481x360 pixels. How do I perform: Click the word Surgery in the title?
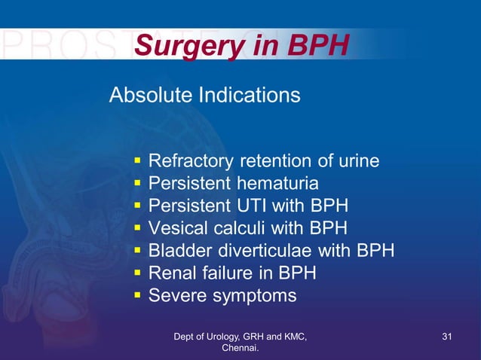click(x=183, y=47)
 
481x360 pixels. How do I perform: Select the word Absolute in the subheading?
click(x=151, y=96)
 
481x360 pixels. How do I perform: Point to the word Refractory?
click(x=191, y=161)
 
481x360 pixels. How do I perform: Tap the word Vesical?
click(x=176, y=228)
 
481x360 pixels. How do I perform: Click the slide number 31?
click(x=446, y=336)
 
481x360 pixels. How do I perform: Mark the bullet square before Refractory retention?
click(x=137, y=161)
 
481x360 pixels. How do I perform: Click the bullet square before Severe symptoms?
click(x=137, y=295)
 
